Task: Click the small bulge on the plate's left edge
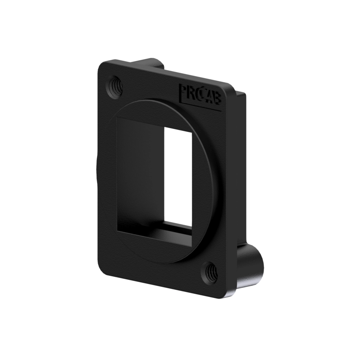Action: pos(97,172)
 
